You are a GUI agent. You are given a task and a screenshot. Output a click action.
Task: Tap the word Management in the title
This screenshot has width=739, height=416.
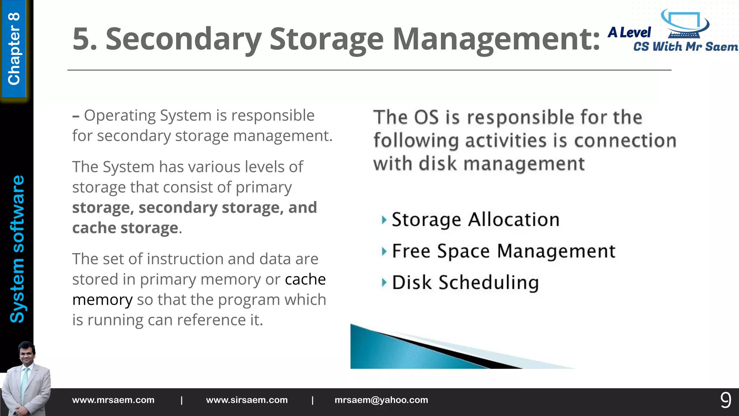pos(496,39)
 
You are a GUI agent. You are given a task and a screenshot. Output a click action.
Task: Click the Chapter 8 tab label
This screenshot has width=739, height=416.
pos(14,49)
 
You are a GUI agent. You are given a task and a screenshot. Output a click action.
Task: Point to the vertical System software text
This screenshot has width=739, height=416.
pos(17,249)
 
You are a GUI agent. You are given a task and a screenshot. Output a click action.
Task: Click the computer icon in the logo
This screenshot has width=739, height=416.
pos(685,24)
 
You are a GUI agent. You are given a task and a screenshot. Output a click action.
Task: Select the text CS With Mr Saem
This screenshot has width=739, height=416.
pos(686,47)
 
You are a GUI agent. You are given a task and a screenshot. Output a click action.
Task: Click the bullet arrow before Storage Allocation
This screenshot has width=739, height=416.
pos(384,220)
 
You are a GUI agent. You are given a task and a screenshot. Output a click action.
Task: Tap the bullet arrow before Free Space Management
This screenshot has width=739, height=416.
pos(384,251)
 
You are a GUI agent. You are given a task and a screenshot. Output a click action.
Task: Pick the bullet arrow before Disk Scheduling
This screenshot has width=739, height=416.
pos(384,283)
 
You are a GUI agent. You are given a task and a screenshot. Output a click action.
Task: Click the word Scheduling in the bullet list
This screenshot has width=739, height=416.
pos(489,283)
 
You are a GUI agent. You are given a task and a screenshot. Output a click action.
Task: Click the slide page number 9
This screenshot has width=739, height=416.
pos(726,400)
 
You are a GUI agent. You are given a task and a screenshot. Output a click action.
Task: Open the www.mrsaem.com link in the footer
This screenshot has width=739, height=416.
pos(113,400)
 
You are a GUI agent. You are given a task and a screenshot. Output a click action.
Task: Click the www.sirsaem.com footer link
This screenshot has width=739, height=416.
pos(247,400)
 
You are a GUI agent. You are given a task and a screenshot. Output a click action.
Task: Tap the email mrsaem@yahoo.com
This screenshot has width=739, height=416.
pos(381,400)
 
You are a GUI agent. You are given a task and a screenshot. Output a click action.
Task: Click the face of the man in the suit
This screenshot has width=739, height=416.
pos(27,355)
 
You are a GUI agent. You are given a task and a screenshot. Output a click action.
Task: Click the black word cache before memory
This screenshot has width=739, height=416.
pos(305,279)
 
